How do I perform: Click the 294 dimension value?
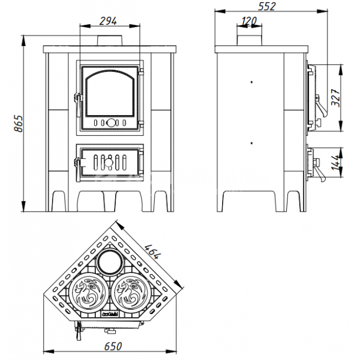pyautogui.click(x=108, y=21)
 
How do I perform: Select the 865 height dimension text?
pyautogui.click(x=19, y=124)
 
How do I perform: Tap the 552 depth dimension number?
pyautogui.click(x=267, y=7)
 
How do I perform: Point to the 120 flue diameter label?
pyautogui.click(x=249, y=22)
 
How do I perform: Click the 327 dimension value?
pyautogui.click(x=336, y=97)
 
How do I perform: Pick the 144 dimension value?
pyautogui.click(x=336, y=162)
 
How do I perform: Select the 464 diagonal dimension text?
pyautogui.click(x=152, y=251)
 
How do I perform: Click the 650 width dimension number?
pyautogui.click(x=113, y=347)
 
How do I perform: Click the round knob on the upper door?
pyautogui.click(x=111, y=123)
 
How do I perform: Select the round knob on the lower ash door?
pyautogui.click(x=109, y=162)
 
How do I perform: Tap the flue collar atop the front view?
pyautogui.click(x=110, y=40)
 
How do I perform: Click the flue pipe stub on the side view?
pyautogui.click(x=249, y=40)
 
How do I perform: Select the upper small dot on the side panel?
pyautogui.click(x=251, y=82)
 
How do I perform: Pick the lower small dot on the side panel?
pyautogui.click(x=251, y=143)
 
